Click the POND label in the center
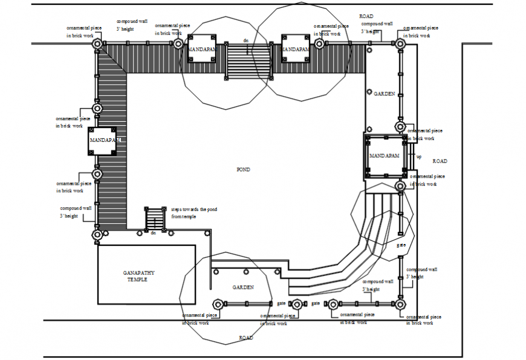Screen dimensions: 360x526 point(243,170)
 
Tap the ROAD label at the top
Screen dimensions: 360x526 point(367,16)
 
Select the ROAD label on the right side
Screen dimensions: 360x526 point(440,161)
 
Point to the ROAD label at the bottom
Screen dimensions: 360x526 point(245,338)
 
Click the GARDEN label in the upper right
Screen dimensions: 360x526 point(384,94)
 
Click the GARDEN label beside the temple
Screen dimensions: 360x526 point(242,288)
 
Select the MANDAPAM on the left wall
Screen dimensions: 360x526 point(103,141)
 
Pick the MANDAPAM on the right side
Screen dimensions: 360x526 point(385,156)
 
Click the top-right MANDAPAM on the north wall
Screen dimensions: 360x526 point(296,49)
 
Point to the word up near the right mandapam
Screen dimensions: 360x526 point(419,156)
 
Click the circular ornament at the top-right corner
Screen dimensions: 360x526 point(400,43)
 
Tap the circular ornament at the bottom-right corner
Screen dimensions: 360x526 point(400,304)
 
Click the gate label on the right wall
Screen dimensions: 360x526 point(401,245)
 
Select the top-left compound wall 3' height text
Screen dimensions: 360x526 point(132,25)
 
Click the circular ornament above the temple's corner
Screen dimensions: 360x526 point(97,234)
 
